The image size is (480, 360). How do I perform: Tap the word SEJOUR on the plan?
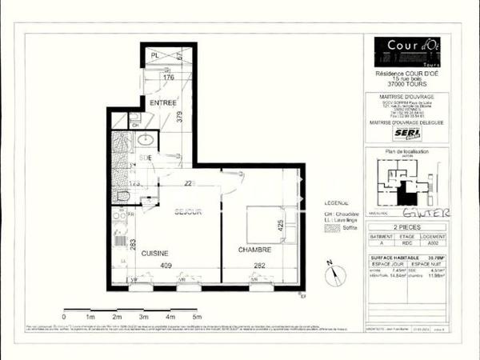coord(188,211)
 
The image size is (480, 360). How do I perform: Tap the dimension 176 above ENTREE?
coord(168,78)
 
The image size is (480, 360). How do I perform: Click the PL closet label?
coord(156,55)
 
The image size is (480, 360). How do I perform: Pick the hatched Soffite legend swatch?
coord(330,227)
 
